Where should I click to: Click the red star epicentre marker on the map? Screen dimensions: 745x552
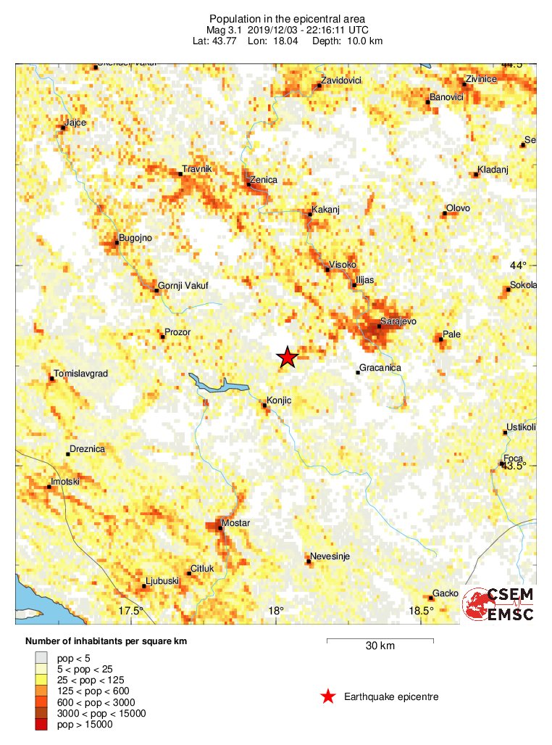288,357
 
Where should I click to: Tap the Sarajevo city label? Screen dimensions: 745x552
398,321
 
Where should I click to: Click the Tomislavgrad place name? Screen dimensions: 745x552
82,374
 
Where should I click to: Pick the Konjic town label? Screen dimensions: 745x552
279,400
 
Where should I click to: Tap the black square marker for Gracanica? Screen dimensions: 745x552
358,373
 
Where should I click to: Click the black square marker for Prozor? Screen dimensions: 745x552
162,336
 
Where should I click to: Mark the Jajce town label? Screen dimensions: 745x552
75,123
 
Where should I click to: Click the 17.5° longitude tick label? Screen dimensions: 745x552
131,610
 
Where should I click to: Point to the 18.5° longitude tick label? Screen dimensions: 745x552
421,610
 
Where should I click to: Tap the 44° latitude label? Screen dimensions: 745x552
519,265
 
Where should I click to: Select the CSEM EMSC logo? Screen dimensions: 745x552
499,604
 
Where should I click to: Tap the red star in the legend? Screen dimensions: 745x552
328,697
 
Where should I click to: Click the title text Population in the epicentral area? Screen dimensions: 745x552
277,18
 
